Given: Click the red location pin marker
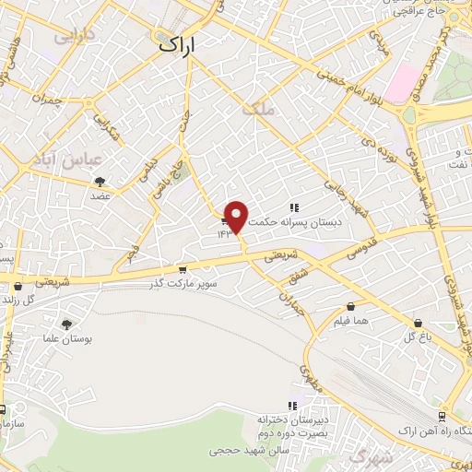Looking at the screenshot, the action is coord(237,217).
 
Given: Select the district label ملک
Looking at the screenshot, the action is coord(258,108).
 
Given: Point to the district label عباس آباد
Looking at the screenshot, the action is coord(57,159).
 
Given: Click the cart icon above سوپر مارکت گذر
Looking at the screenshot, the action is coord(183,270).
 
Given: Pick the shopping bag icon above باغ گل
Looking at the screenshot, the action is coord(419,324).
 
